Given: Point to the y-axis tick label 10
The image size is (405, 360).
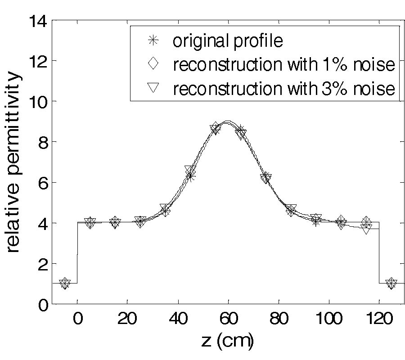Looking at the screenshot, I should coord(38,101).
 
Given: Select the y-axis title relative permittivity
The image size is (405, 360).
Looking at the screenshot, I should coord(13,162).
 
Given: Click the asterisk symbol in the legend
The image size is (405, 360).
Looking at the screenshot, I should coord(153,41).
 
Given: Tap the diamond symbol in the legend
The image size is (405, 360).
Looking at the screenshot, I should coord(153,64).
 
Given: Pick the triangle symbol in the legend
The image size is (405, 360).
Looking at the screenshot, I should coord(153,88).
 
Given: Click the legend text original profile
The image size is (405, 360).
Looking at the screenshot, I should coord(228,41).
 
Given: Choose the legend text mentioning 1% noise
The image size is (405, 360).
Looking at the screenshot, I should coord(283,64).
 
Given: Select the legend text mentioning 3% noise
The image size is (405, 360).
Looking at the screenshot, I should coord(283,88).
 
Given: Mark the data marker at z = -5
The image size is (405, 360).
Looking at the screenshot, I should coord(65,283).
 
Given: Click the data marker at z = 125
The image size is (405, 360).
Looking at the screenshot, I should coord(391,283).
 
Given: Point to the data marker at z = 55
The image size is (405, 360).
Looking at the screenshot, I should coord(216,129).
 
